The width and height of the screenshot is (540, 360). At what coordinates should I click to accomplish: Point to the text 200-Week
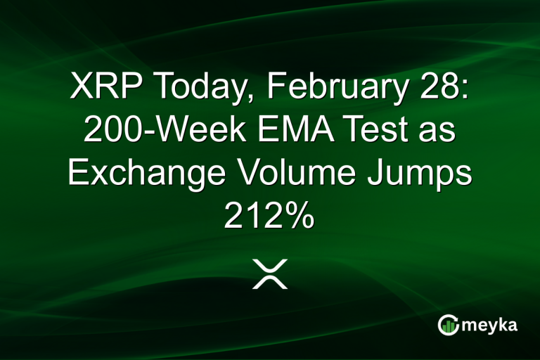[x=155, y=132]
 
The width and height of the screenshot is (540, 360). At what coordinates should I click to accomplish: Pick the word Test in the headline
[x=361, y=132]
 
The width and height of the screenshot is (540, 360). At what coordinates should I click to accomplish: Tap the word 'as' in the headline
[x=433, y=132]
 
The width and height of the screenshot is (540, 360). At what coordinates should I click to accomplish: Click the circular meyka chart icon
[x=448, y=325]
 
